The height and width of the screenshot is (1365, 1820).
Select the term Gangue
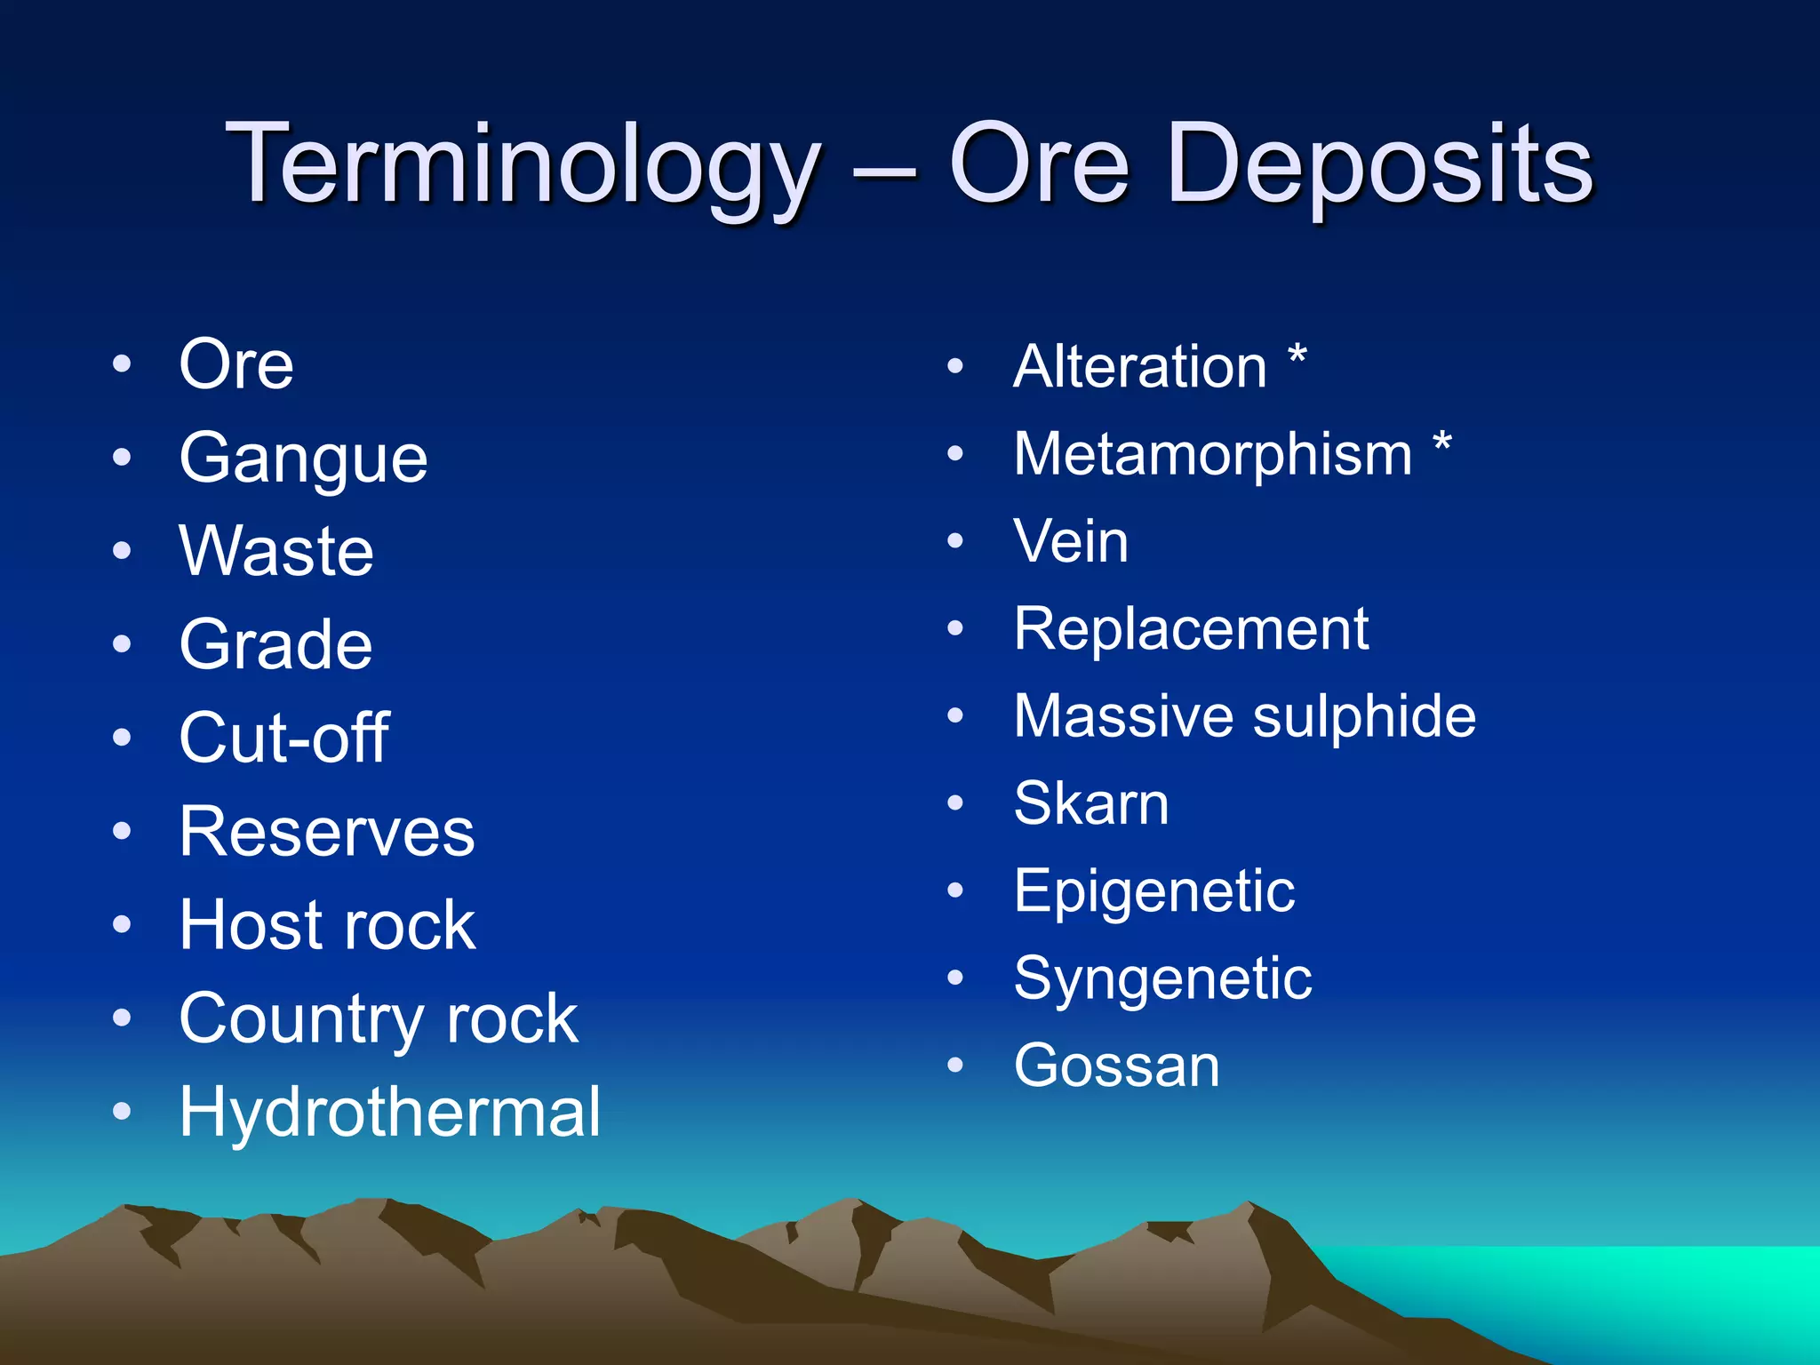point(303,459)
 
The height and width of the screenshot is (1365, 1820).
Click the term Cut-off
point(283,738)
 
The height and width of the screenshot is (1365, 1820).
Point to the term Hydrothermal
point(389,1112)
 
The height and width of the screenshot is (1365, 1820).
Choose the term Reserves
point(326,832)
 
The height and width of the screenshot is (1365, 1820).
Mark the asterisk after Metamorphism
point(1442,444)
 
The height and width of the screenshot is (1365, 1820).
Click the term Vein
point(1071,541)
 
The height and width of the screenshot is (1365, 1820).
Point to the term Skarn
point(1090,803)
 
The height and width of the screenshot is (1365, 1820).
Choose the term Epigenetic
point(1153,891)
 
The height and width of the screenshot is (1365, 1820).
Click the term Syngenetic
point(1162,978)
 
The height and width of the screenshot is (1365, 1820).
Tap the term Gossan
point(1116,1066)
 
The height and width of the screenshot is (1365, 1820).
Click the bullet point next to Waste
point(122,551)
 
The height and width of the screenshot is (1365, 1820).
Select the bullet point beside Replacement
point(955,628)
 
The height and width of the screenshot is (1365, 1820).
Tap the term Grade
point(275,644)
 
